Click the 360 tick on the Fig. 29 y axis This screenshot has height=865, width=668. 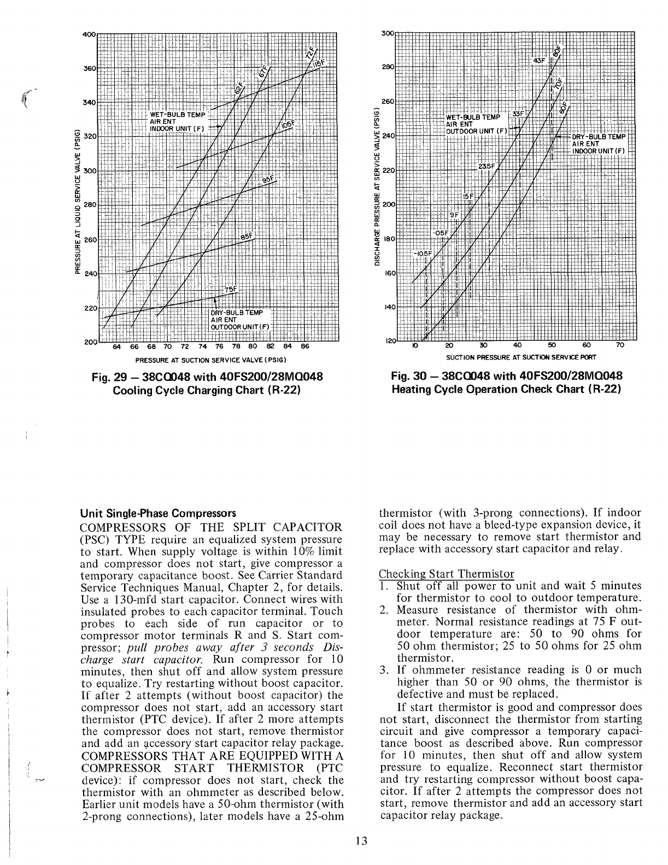tap(89, 69)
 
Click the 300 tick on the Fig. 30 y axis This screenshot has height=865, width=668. tap(387, 33)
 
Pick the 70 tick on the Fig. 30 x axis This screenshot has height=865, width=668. tap(619, 345)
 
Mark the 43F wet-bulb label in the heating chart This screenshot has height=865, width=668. tap(539, 61)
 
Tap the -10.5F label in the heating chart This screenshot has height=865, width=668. tap(423, 254)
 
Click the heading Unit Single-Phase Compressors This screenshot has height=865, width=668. tap(158, 514)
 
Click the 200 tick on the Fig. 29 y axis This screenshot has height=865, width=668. tap(89, 343)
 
